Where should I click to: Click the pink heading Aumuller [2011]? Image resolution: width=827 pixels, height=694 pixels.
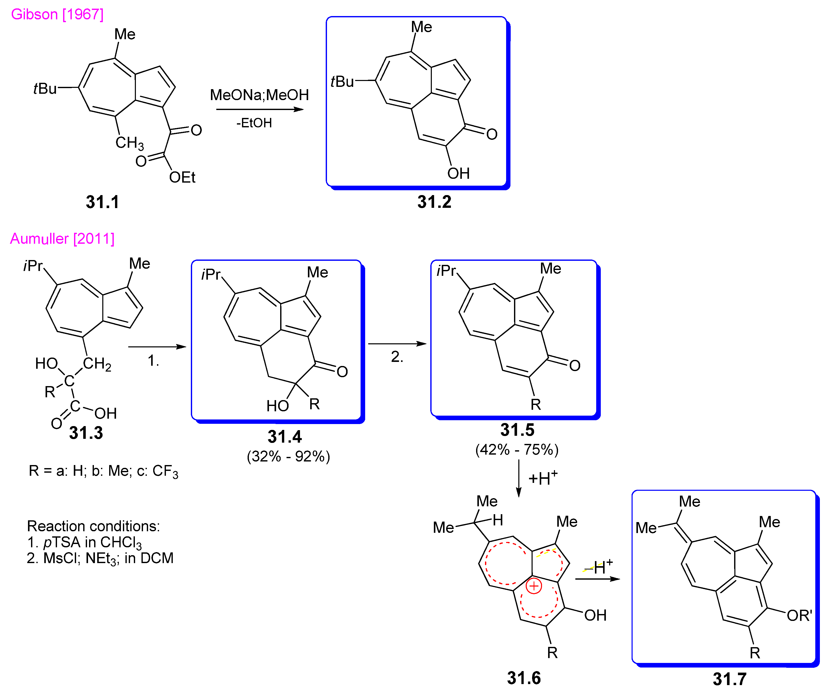[x=62, y=239]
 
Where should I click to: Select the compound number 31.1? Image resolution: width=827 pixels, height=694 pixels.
[x=102, y=202]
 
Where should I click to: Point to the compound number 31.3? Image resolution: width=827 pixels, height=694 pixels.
[x=86, y=433]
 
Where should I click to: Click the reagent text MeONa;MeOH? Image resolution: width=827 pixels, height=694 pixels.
[x=259, y=95]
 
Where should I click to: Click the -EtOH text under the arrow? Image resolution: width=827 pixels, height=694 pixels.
[x=254, y=123]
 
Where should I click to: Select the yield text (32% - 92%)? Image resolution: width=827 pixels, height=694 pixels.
[x=288, y=456]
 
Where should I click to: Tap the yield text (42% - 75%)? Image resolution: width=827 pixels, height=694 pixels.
[x=517, y=450]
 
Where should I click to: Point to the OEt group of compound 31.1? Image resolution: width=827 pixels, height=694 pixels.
[x=182, y=177]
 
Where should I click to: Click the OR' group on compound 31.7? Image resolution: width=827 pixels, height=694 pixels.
[x=799, y=615]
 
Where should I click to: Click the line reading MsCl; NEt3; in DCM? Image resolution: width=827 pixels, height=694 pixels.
[x=100, y=559]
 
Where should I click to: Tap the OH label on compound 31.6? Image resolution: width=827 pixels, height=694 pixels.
[x=595, y=615]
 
